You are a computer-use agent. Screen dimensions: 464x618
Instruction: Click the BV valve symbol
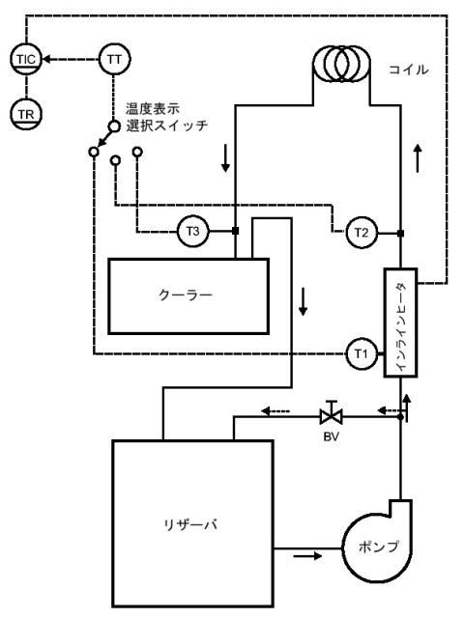click(332, 413)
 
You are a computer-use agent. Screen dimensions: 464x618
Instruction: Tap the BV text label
click(332, 437)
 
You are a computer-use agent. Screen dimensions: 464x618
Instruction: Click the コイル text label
click(409, 70)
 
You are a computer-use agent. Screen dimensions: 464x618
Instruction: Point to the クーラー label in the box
click(186, 295)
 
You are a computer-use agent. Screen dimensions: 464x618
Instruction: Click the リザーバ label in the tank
click(190, 525)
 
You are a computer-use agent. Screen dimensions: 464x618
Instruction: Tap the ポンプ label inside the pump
click(378, 547)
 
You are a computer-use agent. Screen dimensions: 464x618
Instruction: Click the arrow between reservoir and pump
click(307, 556)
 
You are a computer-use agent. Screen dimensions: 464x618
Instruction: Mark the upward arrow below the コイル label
click(418, 158)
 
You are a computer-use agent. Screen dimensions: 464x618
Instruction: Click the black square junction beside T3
click(236, 232)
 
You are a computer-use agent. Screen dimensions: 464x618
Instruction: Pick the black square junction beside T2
click(400, 234)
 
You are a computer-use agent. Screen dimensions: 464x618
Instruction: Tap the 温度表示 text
click(153, 108)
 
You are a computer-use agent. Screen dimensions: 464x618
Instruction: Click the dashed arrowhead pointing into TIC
click(46, 60)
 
